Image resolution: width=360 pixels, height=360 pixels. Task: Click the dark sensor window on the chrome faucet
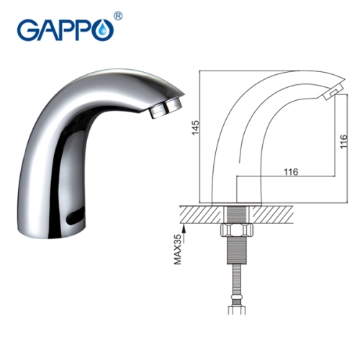coord(73,215)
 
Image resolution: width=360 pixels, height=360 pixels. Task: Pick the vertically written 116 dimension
coord(344,145)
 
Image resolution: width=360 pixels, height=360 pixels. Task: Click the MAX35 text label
coord(179,248)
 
